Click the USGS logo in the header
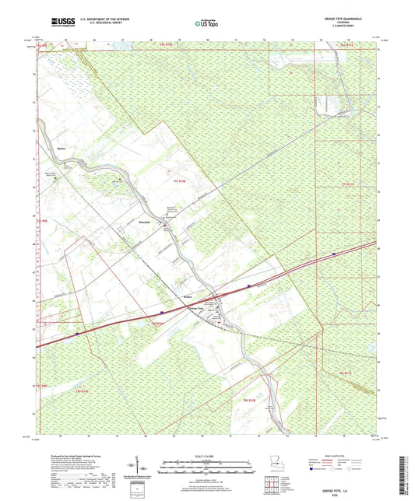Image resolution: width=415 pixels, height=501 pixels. click(58, 22)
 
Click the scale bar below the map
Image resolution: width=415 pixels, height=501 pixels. click(206, 467)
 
